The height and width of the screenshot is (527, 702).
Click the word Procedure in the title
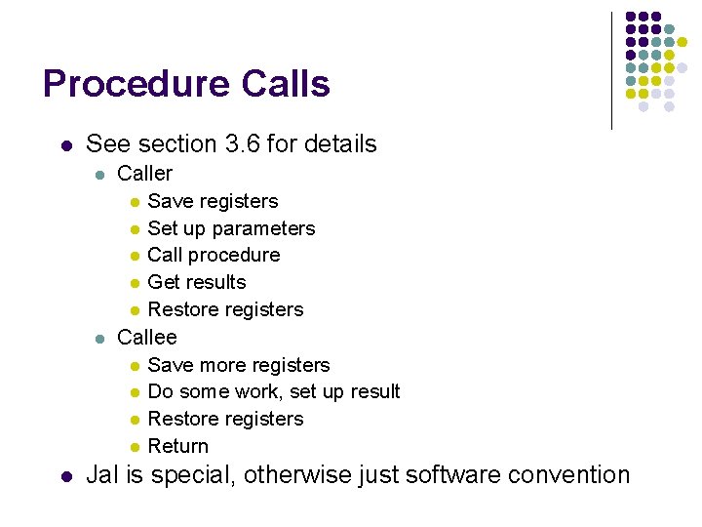(x=134, y=85)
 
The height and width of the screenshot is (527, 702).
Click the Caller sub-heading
(x=144, y=174)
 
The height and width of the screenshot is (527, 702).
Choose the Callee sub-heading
(x=146, y=338)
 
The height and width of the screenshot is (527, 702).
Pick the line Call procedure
(x=214, y=255)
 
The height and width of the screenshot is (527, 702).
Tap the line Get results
(x=196, y=282)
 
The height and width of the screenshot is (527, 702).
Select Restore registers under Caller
(x=225, y=309)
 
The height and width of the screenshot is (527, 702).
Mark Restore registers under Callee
(x=225, y=419)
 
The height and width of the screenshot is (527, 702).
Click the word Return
(x=177, y=446)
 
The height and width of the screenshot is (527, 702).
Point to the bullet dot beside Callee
(x=98, y=339)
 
